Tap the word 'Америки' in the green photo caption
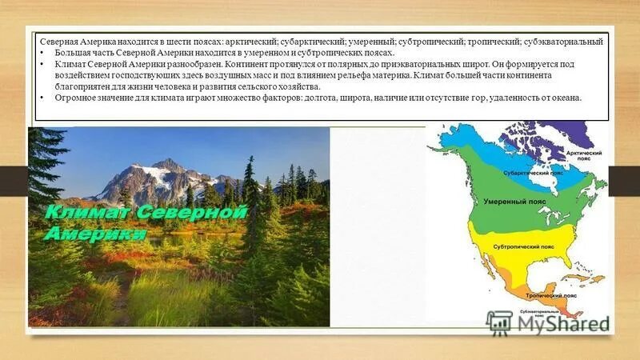pyautogui.click(x=94, y=234)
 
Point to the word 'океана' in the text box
pyautogui.click(x=565, y=98)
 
